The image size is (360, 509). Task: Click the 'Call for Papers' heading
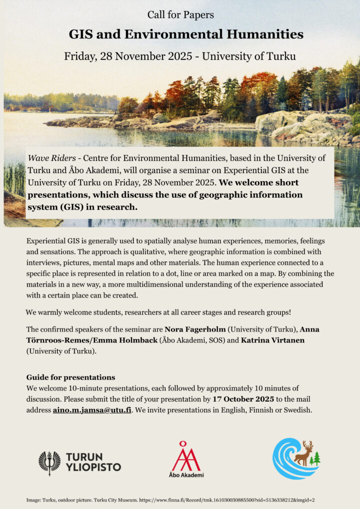click(180, 15)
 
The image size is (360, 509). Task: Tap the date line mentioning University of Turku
click(179, 56)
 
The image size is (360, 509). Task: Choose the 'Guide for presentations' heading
click(70, 377)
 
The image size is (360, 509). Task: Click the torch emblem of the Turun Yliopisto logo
click(49, 462)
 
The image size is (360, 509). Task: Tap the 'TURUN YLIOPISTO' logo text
click(93, 462)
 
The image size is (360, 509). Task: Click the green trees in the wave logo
click(315, 458)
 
